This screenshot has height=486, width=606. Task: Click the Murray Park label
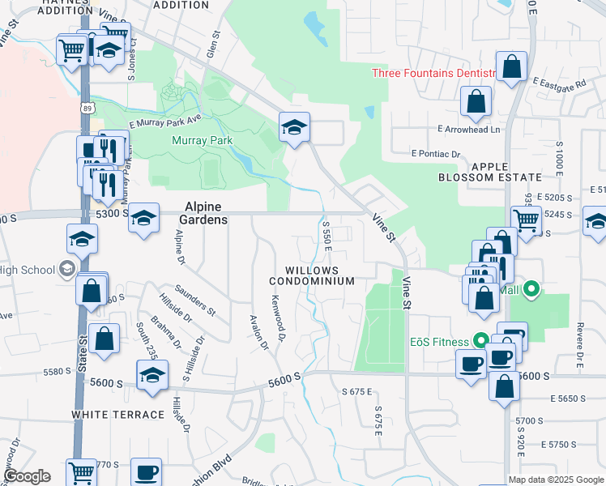203,140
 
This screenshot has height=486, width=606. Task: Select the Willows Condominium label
312,275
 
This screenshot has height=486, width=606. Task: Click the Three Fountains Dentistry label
433,74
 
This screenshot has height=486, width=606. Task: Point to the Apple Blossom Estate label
489,171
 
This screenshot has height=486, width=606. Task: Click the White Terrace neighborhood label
118,414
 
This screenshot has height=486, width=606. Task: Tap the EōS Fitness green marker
480,341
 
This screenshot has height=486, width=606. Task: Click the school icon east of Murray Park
294,126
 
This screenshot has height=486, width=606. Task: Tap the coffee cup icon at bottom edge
146,471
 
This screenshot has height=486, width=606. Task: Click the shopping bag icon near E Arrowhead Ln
476,102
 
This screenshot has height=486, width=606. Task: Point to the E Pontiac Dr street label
435,153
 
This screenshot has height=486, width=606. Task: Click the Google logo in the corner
27,476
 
